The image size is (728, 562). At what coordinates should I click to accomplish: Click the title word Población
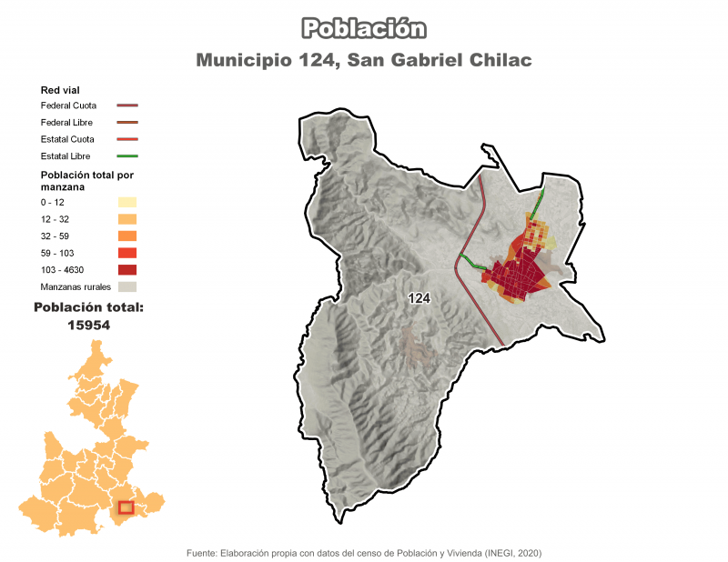[x=364, y=29]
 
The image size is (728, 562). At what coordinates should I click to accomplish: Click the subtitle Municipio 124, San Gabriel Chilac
[x=364, y=61]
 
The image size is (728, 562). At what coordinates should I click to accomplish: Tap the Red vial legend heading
[x=60, y=90]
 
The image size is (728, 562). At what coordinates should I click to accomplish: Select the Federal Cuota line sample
[x=126, y=105]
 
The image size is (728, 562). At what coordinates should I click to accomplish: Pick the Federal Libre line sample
[x=126, y=122]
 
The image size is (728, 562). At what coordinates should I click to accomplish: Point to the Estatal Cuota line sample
[x=126, y=139]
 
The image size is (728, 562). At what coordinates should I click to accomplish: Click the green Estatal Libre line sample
[x=126, y=156]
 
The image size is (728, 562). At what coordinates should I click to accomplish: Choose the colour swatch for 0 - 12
[x=126, y=202]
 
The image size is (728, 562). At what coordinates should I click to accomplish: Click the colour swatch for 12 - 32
[x=126, y=219]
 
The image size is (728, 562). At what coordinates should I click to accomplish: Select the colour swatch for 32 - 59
[x=126, y=236]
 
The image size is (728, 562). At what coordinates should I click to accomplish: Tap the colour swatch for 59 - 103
[x=126, y=253]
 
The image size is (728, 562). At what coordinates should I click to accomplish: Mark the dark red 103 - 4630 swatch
[x=126, y=270]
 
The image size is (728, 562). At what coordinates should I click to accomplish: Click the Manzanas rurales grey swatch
[x=126, y=286]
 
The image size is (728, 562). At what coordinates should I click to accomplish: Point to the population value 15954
[x=88, y=324]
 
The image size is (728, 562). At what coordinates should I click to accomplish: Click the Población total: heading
[x=88, y=307]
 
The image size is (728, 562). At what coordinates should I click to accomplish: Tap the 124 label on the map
[x=420, y=298]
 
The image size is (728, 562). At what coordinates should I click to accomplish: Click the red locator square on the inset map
[x=126, y=507]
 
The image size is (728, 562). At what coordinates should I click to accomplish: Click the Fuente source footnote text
[x=364, y=552]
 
